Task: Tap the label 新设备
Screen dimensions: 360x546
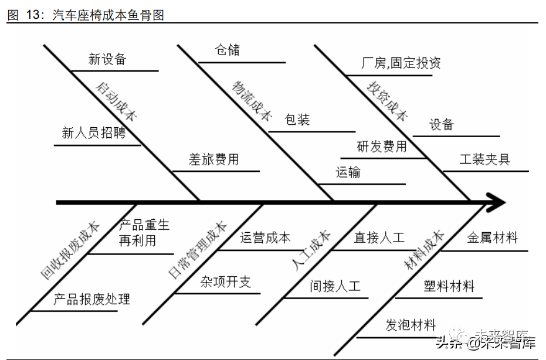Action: pos(107,59)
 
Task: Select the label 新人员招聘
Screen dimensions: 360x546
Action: pos(94,133)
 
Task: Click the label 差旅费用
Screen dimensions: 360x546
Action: pos(213,159)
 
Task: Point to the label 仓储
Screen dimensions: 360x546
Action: pos(228,50)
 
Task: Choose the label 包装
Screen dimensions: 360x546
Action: pos(297,120)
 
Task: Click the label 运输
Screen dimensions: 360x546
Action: pos(348,172)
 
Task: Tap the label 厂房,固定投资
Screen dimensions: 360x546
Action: pos(401,63)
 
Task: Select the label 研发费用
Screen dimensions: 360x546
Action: pos(382,147)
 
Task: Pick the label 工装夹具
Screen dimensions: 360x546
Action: pos(485,159)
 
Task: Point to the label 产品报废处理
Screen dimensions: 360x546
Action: pos(91,299)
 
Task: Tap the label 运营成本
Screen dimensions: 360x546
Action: pos(265,237)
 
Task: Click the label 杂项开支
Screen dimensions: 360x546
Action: pos(226,281)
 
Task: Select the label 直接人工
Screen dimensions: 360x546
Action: pos(379,237)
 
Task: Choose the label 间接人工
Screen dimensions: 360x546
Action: pos(335,286)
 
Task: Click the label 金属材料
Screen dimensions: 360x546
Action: pos(492,237)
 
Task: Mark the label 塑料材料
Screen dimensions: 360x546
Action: pos(449,286)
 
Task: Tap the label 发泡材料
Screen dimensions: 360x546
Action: pos(411,325)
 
